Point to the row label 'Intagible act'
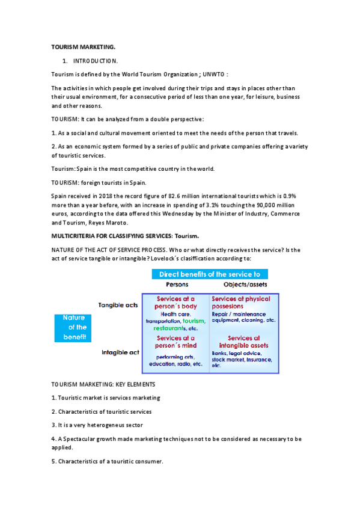click(x=120, y=352)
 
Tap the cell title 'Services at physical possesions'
click(x=241, y=302)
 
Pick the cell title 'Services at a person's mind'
click(x=175, y=342)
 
